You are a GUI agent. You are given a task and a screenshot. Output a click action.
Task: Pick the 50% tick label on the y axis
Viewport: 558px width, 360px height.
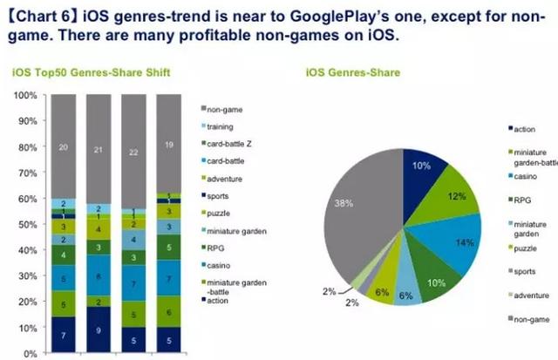[x=26, y=224]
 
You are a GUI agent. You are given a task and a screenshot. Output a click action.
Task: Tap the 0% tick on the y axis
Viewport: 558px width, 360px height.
[x=29, y=353]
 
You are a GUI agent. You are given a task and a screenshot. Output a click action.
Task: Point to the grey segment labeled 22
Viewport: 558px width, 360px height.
[x=133, y=151]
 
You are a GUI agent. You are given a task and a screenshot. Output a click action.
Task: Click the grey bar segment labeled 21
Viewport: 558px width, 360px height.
[x=98, y=149]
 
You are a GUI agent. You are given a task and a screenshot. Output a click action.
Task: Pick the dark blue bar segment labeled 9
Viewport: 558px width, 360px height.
[x=98, y=330]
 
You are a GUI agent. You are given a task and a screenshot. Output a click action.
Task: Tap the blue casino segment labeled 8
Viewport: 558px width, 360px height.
[x=98, y=276]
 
